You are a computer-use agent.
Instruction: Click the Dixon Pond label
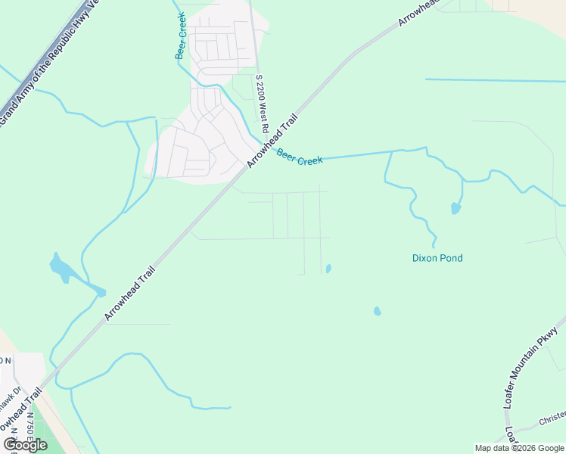point(437,258)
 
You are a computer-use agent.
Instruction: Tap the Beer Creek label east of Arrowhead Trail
point(300,157)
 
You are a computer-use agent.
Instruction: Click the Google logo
point(25,445)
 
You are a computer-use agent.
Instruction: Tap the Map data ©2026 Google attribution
point(519,448)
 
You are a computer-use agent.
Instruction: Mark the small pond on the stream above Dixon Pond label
point(456,208)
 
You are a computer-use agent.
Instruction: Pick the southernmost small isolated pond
point(377,311)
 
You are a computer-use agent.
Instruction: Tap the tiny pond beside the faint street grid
point(328,268)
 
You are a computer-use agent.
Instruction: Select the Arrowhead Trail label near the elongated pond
point(129,294)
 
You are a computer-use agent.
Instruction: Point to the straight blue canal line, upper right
point(495,80)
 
